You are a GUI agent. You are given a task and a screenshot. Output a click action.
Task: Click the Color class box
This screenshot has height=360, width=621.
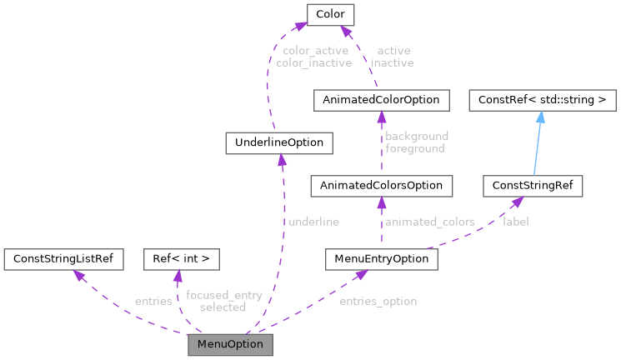click(331, 14)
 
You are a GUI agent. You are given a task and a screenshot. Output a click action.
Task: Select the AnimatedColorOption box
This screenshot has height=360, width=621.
click(381, 101)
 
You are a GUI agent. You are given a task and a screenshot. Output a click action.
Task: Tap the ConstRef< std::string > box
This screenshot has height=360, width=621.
click(543, 101)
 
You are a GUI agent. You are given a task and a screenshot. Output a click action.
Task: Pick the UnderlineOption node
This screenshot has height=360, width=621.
click(279, 142)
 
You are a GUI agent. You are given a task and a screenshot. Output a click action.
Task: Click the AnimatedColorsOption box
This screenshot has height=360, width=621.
click(381, 185)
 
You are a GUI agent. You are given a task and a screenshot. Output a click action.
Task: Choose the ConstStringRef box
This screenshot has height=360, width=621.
click(533, 185)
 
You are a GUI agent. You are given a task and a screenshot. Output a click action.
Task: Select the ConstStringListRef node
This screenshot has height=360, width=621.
click(63, 259)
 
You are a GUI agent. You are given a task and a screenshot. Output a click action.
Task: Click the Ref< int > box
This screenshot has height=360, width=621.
click(182, 259)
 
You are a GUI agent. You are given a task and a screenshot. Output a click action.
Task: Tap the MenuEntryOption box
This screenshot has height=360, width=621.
click(381, 259)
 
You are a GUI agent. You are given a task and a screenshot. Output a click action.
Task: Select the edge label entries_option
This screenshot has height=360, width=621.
click(378, 301)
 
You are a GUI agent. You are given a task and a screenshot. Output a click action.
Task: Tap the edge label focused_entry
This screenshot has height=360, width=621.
click(223, 295)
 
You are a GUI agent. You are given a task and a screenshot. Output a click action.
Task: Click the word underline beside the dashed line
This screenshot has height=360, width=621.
click(313, 222)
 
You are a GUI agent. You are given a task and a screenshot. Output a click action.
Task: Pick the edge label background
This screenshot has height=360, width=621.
click(417, 136)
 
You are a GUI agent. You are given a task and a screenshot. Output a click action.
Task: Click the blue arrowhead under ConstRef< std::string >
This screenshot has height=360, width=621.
click(539, 118)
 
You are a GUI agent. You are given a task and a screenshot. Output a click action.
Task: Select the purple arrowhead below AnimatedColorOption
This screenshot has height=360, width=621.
click(381, 118)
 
